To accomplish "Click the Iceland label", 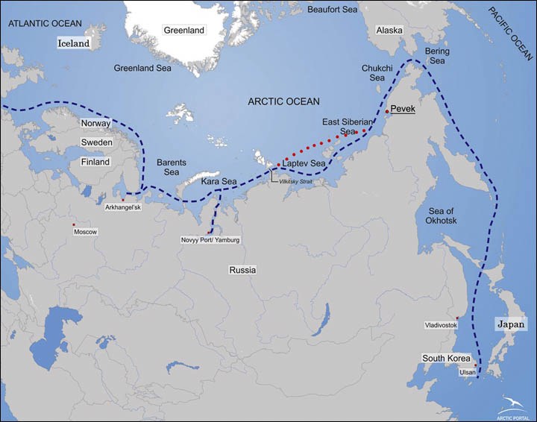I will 74,43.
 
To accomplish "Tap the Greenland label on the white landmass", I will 183,31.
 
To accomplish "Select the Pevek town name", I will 403,110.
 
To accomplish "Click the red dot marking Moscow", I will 73,224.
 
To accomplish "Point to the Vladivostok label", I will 441,325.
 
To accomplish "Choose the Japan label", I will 511,324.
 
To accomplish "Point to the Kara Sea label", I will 219,181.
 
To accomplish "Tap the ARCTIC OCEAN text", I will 284,101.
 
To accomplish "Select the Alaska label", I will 389,31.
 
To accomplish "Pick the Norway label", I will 95,123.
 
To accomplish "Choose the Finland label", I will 95,162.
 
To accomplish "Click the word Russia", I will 243,270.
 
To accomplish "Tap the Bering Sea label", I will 436,55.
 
